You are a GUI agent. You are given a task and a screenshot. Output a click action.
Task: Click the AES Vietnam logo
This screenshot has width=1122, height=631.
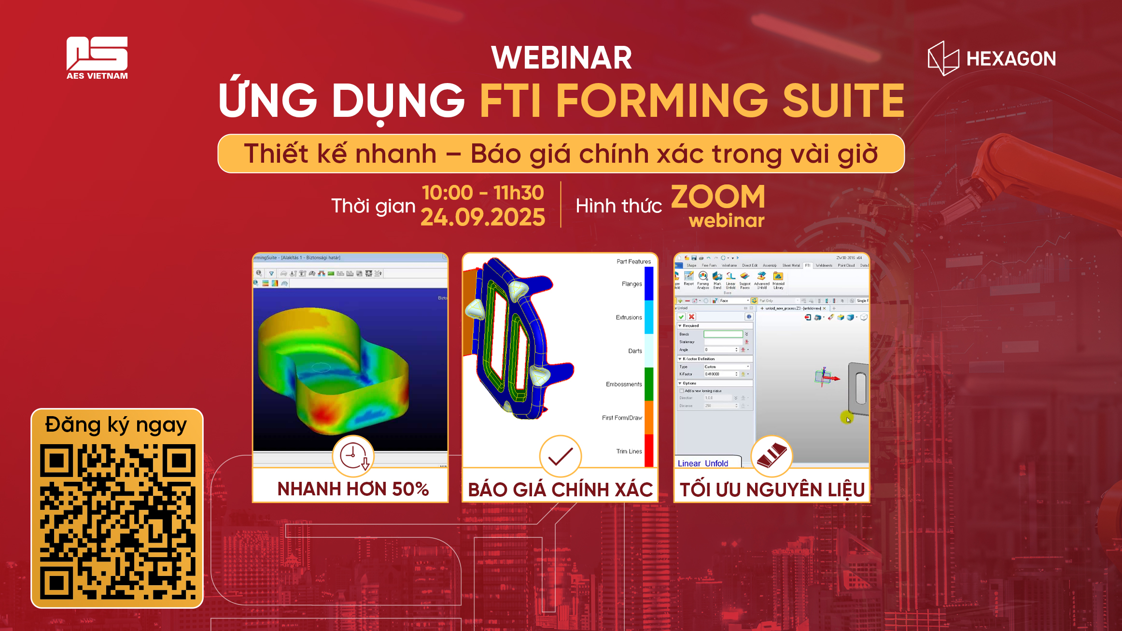(x=97, y=57)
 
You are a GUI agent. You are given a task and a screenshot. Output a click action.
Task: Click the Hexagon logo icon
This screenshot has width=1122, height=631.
(x=943, y=58)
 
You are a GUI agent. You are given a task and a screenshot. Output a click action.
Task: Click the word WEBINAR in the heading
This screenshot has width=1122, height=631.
(x=561, y=58)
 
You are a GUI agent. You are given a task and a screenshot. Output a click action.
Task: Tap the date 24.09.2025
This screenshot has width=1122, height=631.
(x=482, y=217)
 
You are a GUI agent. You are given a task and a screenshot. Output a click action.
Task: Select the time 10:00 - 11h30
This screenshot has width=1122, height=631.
(x=482, y=193)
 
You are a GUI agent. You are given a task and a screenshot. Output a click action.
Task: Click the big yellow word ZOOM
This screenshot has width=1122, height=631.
(x=718, y=197)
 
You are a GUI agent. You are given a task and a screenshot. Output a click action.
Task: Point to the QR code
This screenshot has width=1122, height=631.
(x=117, y=521)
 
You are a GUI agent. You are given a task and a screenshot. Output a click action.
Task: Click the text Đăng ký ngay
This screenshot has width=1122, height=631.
(x=116, y=425)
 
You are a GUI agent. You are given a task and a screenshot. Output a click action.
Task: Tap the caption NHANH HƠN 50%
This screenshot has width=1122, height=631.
(x=353, y=489)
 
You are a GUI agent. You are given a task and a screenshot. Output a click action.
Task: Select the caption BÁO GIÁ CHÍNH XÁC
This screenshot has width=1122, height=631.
(x=560, y=490)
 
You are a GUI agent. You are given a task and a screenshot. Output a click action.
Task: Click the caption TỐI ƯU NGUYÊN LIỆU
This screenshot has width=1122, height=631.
(x=772, y=490)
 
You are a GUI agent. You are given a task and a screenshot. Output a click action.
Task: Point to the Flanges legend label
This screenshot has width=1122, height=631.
(x=631, y=284)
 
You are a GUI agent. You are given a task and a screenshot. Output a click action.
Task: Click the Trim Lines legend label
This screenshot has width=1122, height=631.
(x=629, y=451)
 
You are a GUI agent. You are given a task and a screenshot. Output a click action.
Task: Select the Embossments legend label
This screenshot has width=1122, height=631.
(x=624, y=384)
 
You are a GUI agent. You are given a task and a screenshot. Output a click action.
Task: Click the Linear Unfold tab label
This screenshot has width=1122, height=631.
(x=702, y=463)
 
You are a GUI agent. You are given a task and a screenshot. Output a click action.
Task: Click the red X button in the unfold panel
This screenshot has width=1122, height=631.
(x=691, y=317)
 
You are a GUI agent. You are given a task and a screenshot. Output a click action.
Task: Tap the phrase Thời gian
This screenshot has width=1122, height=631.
(x=373, y=206)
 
